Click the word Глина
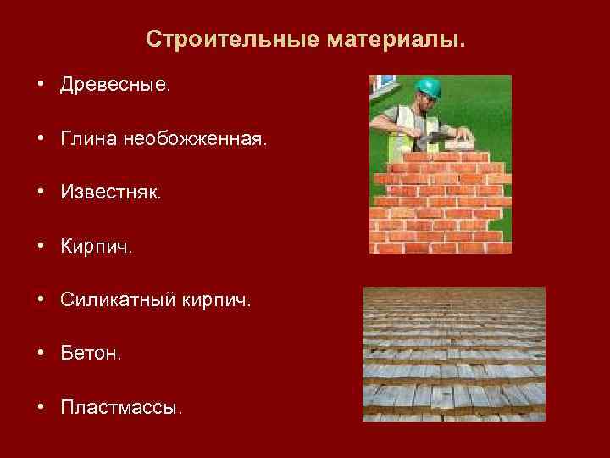coord(88,140)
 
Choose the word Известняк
coord(110,193)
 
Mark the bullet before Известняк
coord(40,193)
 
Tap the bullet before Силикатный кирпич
coord(40,300)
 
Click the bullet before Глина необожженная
coord(40,140)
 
